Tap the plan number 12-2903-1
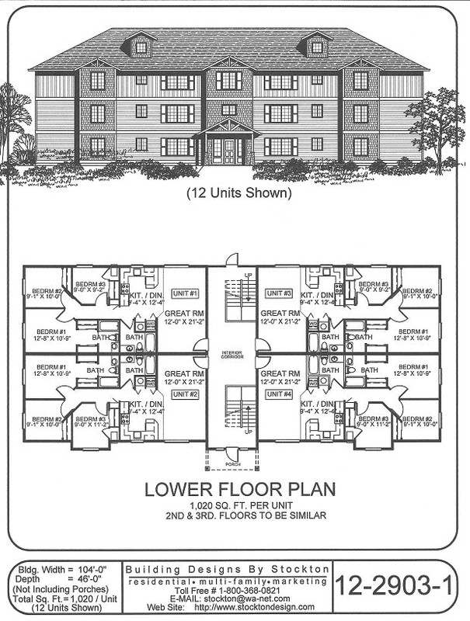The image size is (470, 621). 399,588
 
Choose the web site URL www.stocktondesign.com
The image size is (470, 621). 265,607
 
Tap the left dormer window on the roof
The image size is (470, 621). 141,47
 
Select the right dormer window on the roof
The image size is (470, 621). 317,47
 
